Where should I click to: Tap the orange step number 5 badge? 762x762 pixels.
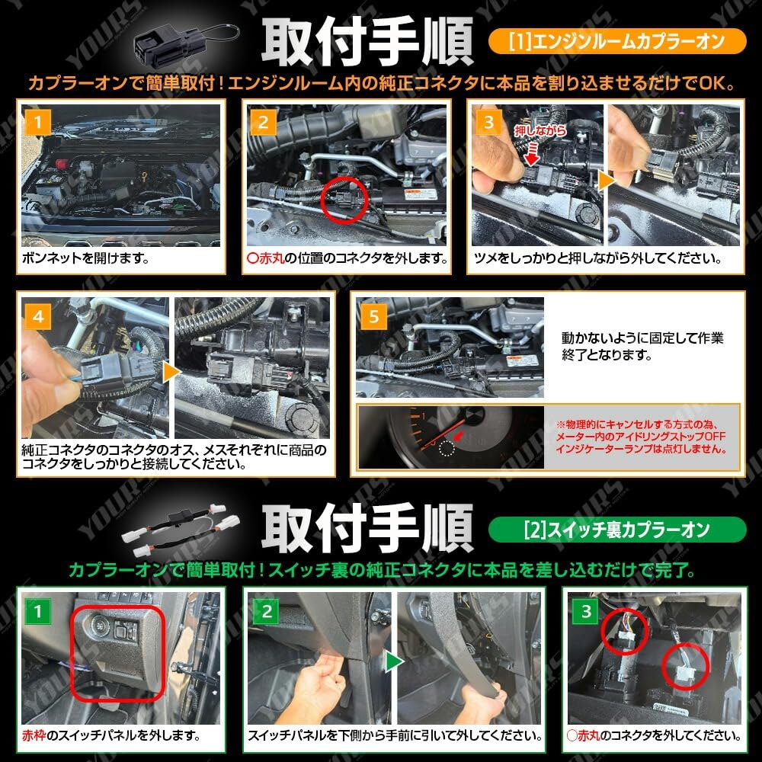[x=373, y=315]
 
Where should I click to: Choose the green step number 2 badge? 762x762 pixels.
[x=267, y=610]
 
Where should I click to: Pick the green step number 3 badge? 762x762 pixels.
[x=586, y=610]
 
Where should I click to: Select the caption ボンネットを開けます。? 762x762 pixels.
[x=84, y=258]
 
